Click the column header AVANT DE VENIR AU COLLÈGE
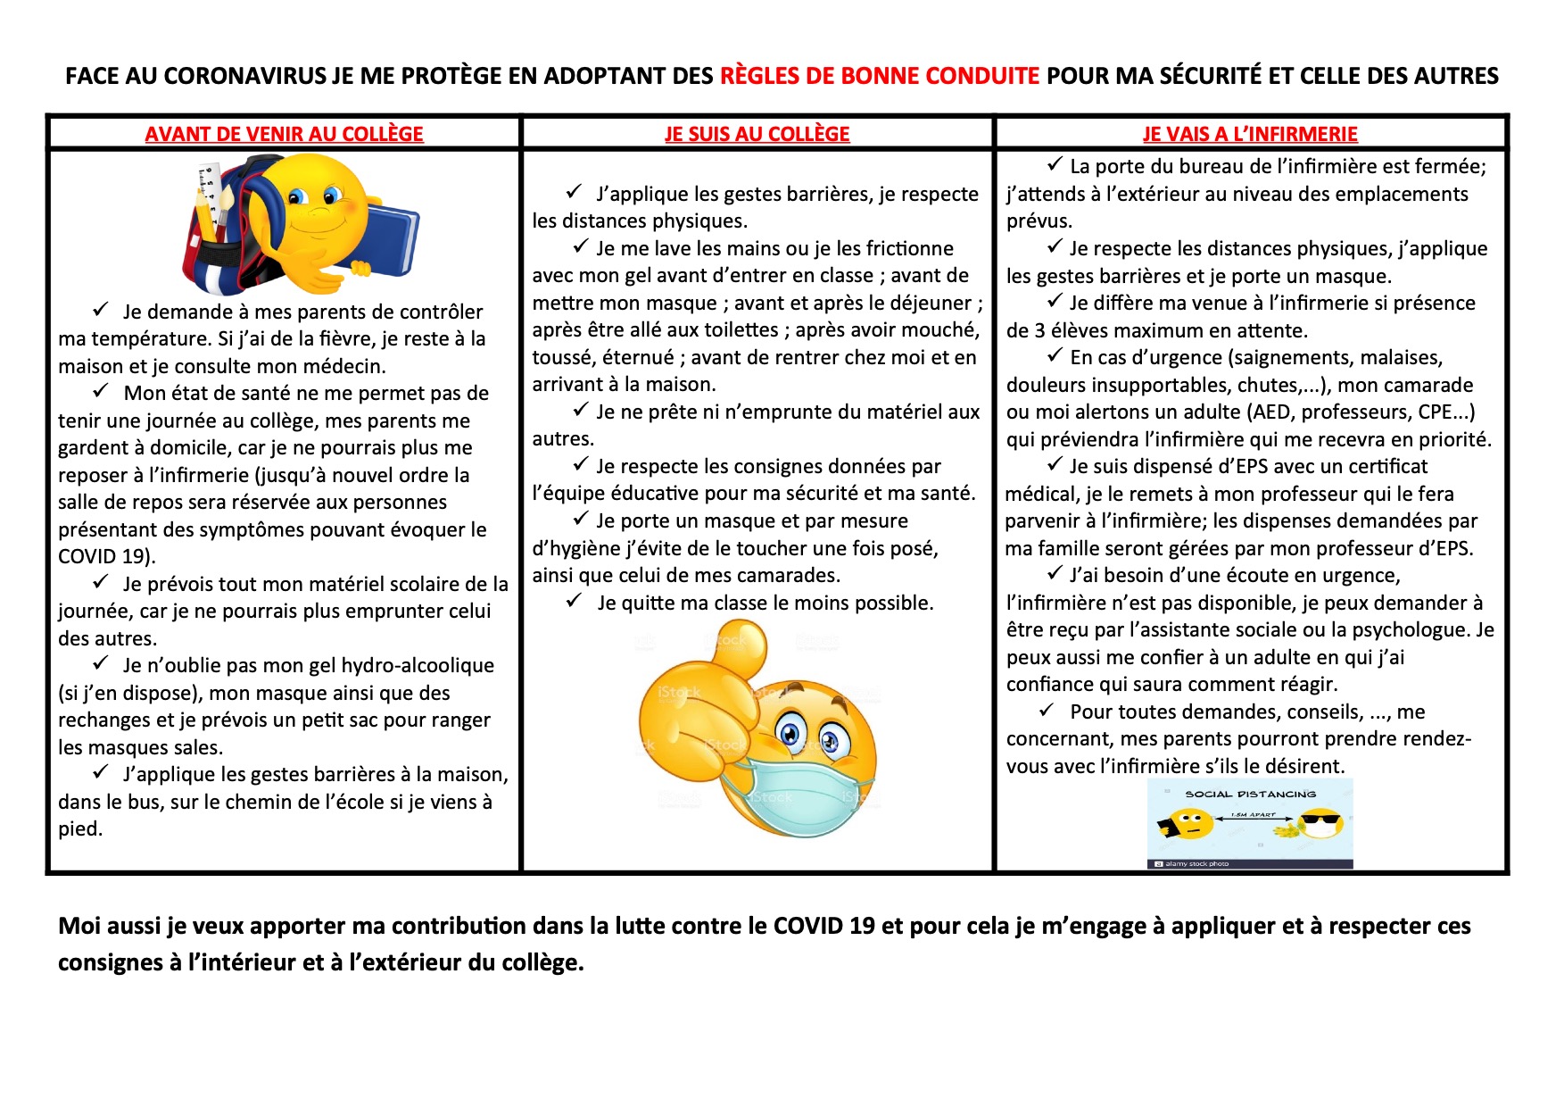click(x=284, y=134)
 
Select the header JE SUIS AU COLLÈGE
click(x=757, y=134)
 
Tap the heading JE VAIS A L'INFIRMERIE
click(x=1250, y=134)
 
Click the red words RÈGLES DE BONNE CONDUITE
click(x=880, y=76)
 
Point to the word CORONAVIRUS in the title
click(x=245, y=76)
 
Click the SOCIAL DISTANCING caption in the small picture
click(x=1250, y=794)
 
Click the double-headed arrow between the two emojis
click(x=1254, y=818)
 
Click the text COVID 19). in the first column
click(x=107, y=557)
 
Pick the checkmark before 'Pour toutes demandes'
click(x=1047, y=711)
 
